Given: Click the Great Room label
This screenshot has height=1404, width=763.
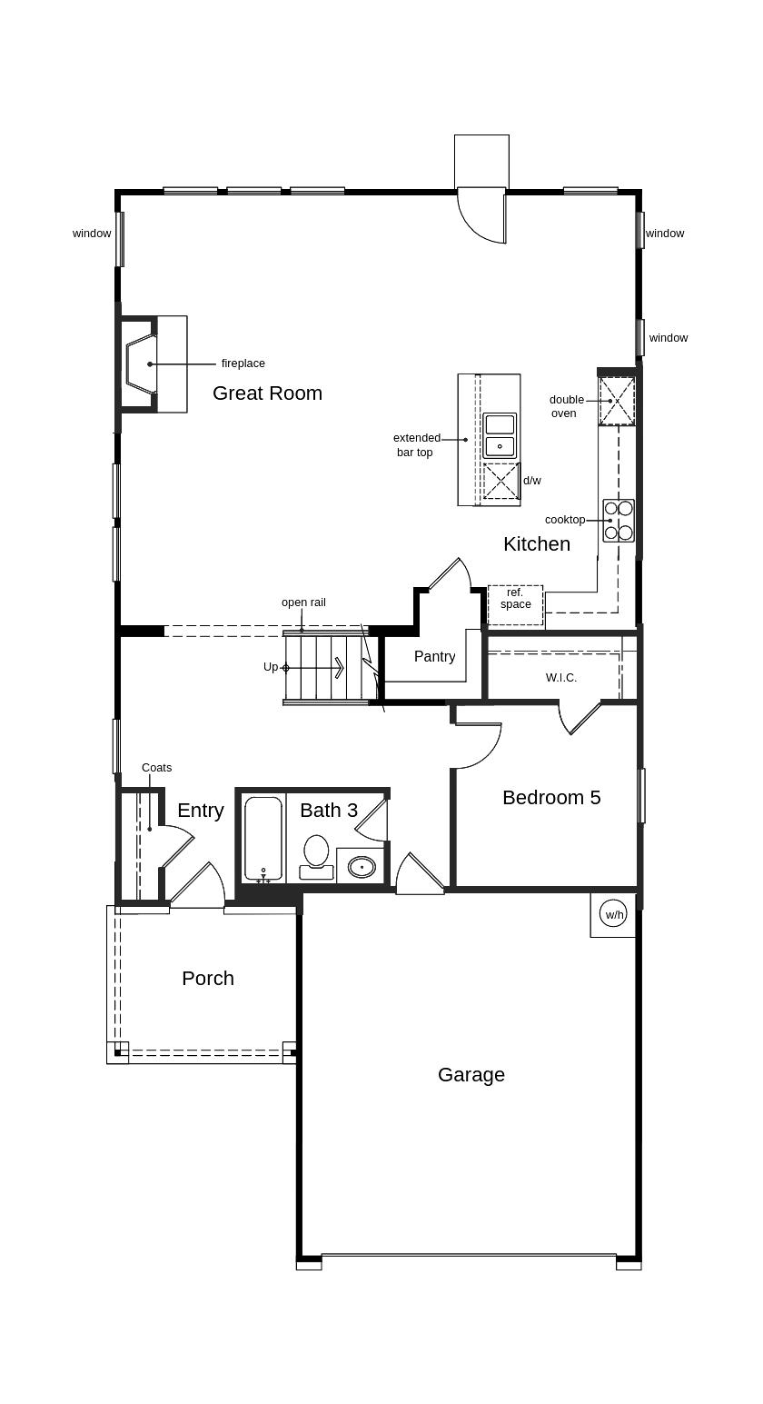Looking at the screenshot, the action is [267, 393].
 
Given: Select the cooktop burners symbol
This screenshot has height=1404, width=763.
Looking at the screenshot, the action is [619, 520].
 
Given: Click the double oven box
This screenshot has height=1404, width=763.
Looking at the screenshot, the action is [617, 401].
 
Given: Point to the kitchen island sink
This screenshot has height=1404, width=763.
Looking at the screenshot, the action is [500, 435].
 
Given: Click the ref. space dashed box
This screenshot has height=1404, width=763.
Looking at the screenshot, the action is [516, 605].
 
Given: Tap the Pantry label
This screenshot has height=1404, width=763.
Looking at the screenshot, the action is [435, 656].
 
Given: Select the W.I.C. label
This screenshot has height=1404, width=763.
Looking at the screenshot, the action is [561, 678].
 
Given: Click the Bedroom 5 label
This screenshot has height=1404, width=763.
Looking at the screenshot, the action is [551, 797].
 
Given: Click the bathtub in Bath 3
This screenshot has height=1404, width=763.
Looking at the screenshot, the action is [263, 840].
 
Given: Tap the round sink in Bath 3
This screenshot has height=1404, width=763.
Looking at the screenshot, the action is [362, 868].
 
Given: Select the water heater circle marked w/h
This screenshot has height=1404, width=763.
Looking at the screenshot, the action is [615, 914].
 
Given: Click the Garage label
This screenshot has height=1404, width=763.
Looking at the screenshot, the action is [471, 1075].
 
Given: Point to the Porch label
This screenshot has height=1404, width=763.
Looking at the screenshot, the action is [208, 979].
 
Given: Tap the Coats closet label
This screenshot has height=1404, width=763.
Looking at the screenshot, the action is [156, 767].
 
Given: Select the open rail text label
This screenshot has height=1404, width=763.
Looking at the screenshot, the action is [303, 602].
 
